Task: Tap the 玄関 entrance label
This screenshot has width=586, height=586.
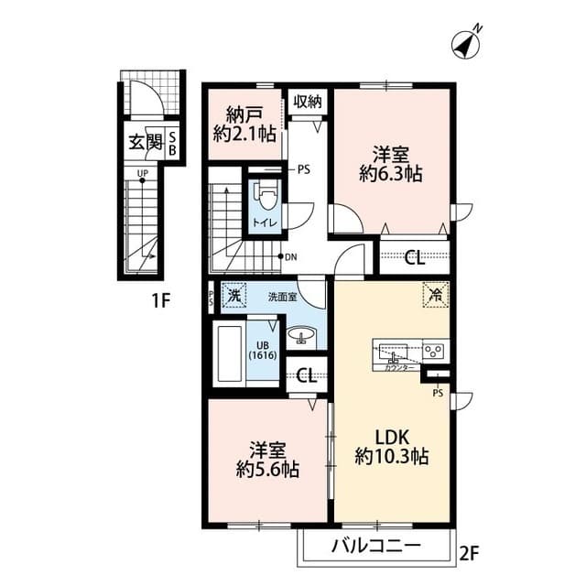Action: tap(144, 142)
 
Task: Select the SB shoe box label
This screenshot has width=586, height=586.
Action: tap(171, 144)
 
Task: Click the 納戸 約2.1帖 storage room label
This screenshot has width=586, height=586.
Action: tap(244, 127)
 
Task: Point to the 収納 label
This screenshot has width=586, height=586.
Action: tap(308, 101)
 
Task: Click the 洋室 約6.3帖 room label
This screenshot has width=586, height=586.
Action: tap(391, 162)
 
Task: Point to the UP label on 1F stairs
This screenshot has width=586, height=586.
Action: tap(143, 172)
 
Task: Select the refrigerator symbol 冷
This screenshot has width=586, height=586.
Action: tap(434, 295)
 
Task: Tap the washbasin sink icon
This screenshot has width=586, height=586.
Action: tap(301, 337)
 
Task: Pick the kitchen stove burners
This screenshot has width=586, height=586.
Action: tap(433, 349)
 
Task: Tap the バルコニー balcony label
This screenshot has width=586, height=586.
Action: tap(375, 548)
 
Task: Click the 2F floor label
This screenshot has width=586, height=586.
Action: tap(471, 553)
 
